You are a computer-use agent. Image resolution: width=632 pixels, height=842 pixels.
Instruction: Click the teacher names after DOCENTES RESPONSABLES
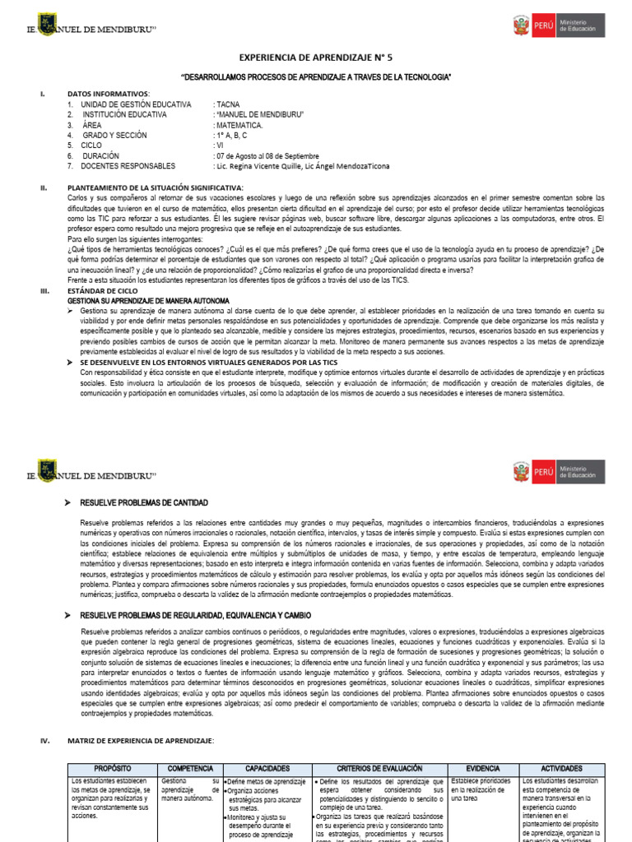click(x=302, y=166)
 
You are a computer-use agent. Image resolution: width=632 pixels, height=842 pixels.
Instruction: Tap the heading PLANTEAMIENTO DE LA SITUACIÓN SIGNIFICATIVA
click(x=155, y=187)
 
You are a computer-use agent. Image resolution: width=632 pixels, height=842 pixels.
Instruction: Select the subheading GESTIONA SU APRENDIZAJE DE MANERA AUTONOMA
click(x=148, y=302)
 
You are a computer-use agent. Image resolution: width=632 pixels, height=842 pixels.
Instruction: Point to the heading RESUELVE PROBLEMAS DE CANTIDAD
click(x=144, y=502)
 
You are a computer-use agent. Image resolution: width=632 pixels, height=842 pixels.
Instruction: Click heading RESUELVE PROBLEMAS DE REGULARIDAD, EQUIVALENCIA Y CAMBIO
click(x=207, y=616)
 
